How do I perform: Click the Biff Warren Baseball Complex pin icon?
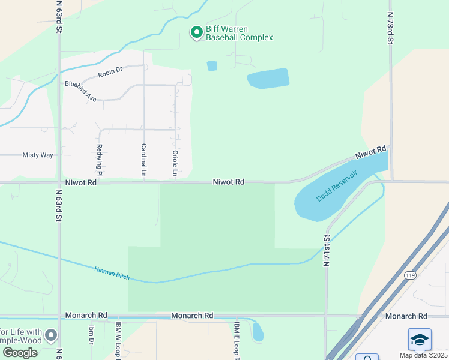coord(196,32)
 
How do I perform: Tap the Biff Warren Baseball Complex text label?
coord(239,33)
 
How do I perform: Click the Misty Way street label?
coord(38,155)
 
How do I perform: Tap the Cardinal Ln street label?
coord(143,160)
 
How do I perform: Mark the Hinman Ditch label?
coord(111,273)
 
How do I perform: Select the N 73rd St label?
coord(390,28)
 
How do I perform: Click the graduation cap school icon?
coord(420,340)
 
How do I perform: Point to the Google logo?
coord(20,353)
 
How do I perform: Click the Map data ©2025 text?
coord(424,355)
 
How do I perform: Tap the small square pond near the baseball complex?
coord(212,66)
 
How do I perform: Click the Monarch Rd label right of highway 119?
coord(406,316)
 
